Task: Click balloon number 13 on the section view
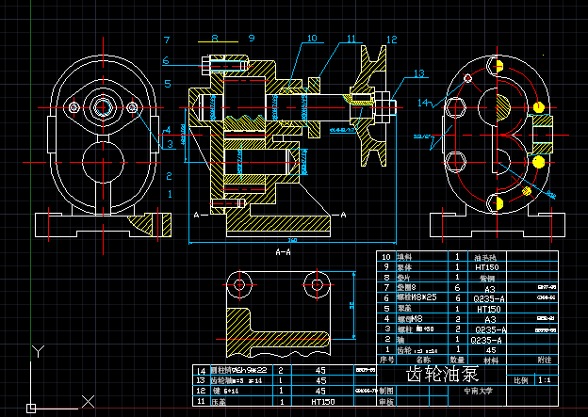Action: click(x=418, y=73)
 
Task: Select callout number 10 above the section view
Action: click(x=311, y=39)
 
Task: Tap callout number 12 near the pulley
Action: click(x=391, y=40)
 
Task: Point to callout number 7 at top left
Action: click(x=167, y=40)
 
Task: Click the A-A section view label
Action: click(x=283, y=252)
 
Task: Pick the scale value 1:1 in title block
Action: click(x=545, y=381)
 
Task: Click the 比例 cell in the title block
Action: click(x=520, y=381)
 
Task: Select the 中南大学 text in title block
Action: click(x=478, y=391)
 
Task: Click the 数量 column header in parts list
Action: click(x=457, y=360)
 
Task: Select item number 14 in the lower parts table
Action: click(x=200, y=371)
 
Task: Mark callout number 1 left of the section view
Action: click(x=170, y=194)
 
